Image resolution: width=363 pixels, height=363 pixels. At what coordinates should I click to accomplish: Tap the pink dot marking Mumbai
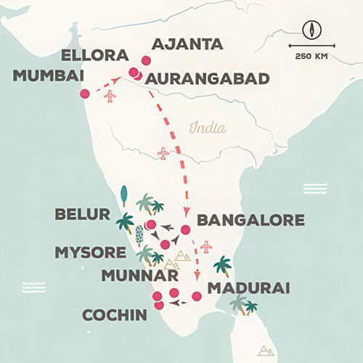pyautogui.click(x=85, y=94)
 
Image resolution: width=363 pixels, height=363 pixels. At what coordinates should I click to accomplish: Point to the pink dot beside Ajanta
pyautogui.click(x=147, y=61)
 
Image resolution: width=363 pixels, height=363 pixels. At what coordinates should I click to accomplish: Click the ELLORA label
pyautogui.click(x=95, y=56)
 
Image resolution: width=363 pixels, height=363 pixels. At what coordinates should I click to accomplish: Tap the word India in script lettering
pyautogui.click(x=207, y=129)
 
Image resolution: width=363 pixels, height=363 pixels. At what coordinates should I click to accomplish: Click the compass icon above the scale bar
pyautogui.click(x=311, y=31)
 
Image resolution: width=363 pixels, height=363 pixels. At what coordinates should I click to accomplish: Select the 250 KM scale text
pyautogui.click(x=311, y=56)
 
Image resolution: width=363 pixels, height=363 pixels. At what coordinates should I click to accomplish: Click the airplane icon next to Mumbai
pyautogui.click(x=110, y=95)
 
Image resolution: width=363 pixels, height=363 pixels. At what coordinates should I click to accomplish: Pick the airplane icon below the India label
pyautogui.click(x=163, y=153)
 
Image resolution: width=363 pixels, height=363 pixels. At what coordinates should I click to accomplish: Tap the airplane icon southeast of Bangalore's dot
pyautogui.click(x=206, y=248)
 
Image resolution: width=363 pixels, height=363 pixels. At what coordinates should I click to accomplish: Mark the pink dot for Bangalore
pyautogui.click(x=185, y=229)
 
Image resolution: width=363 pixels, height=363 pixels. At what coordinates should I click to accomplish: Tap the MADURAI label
pyautogui.click(x=249, y=288)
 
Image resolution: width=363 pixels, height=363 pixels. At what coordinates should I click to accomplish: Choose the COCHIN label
pyautogui.click(x=107, y=317)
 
